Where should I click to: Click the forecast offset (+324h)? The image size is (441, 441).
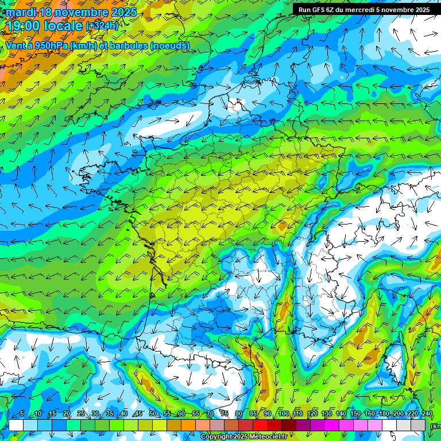pos(102,26)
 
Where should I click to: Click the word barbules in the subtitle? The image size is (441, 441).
pos(126,45)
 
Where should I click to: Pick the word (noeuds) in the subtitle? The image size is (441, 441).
pos(169,45)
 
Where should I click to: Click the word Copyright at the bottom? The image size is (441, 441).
pos(216,437)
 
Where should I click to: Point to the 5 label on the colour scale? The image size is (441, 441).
pos(21,414)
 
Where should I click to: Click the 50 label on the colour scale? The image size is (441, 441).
pos(152,414)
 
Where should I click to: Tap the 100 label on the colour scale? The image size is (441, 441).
pos(283,414)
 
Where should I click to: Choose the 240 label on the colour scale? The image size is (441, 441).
pos(427,414)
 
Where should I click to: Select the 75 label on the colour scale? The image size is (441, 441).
pos(225,414)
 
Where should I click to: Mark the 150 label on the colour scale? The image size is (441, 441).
pos(355,414)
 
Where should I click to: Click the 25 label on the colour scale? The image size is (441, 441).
pos(81,414)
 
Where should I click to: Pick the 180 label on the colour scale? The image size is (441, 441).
pos(384,414)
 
